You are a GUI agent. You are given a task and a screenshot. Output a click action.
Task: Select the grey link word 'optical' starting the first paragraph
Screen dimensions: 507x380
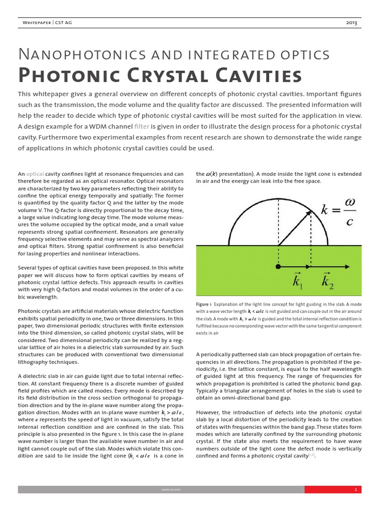35,174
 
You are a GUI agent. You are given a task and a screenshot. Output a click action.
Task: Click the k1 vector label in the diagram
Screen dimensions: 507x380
298,282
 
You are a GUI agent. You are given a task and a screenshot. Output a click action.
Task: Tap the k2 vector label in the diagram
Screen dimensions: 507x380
327,282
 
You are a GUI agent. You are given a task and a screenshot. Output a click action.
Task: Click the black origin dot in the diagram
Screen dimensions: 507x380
279,267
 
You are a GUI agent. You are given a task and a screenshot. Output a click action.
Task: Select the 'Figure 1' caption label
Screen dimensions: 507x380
204,304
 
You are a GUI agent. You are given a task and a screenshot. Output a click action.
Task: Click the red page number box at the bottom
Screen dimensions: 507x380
333,490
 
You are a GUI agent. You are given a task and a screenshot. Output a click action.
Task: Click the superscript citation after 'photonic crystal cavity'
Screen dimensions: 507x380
312,455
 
